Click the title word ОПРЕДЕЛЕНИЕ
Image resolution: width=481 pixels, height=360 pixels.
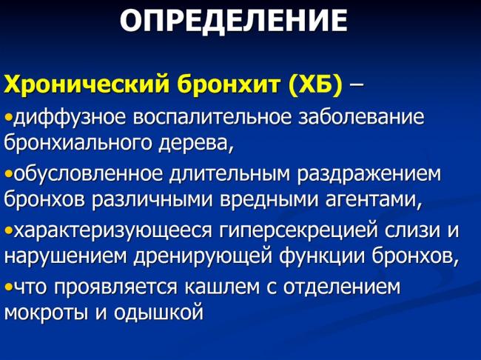click(232, 21)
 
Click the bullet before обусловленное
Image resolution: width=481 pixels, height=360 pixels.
click(7, 176)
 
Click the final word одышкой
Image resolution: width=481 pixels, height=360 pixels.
click(163, 313)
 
